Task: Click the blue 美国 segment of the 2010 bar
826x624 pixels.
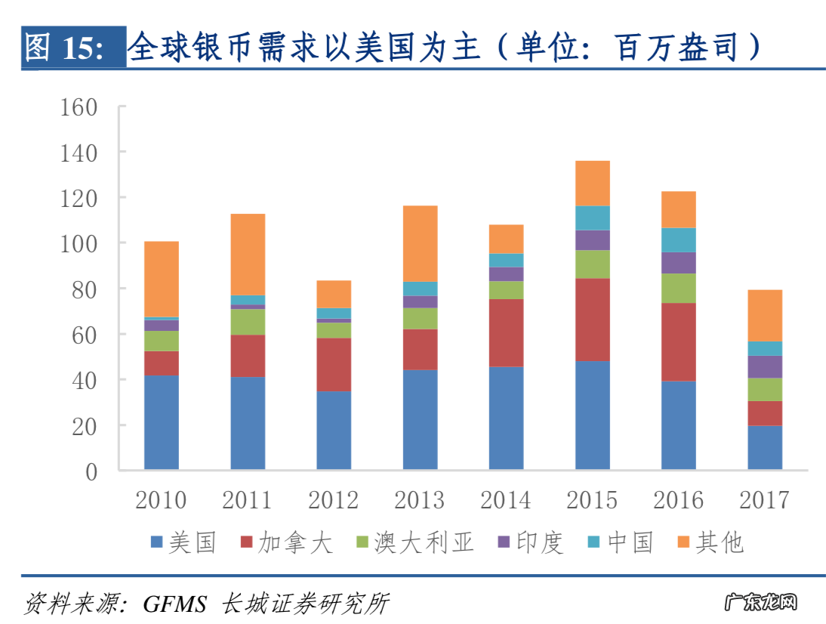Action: [162, 422]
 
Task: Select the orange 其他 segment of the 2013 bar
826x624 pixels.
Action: [420, 243]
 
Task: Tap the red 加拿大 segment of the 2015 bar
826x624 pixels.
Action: [592, 320]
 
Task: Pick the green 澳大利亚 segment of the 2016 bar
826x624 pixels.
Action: [678, 288]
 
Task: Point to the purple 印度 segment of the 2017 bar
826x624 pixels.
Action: [765, 366]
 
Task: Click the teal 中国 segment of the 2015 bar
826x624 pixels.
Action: [592, 218]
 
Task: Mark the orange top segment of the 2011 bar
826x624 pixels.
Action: [248, 254]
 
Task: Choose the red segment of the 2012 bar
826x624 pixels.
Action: [334, 364]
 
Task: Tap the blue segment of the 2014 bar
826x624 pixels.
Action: [506, 418]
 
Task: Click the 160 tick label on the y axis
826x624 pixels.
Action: [79, 107]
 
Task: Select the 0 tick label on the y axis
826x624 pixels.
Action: [91, 471]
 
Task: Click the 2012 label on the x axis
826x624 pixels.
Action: [333, 500]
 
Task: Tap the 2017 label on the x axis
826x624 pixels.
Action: [764, 500]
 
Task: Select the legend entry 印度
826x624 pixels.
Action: [540, 542]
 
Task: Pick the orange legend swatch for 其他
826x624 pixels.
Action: [683, 542]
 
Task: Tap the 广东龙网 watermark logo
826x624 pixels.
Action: [760, 603]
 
